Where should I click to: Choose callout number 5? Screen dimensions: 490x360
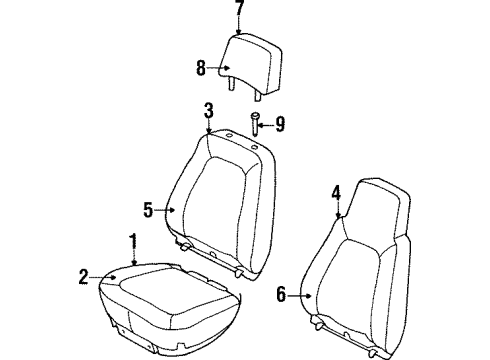[149, 210]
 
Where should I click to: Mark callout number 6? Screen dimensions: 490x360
[282, 293]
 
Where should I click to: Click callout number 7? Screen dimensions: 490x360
[238, 9]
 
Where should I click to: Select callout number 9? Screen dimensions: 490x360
[281, 125]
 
